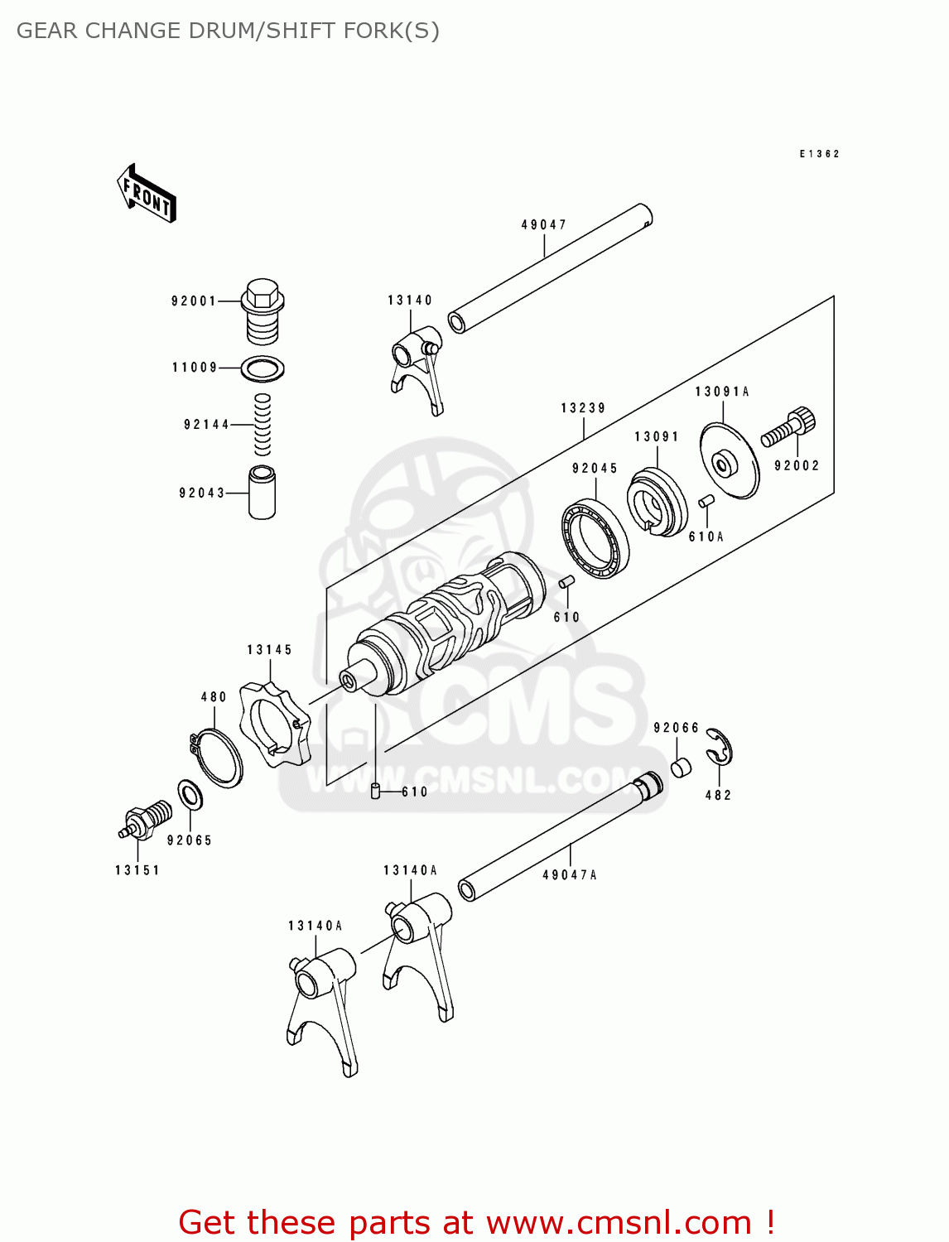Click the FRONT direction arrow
pyautogui.click(x=147, y=193)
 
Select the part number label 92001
pyautogui.click(x=194, y=301)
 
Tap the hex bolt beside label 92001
pyautogui.click(x=263, y=310)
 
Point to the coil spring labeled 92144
pyautogui.click(x=262, y=424)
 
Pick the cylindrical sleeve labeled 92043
pyautogui.click(x=262, y=493)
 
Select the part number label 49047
pyautogui.click(x=544, y=224)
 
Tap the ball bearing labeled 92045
pyautogui.click(x=595, y=538)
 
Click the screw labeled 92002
pyautogui.click(x=788, y=427)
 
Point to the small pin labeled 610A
pyautogui.click(x=706, y=501)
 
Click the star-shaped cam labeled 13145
pyautogui.click(x=274, y=723)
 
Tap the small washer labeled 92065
pyautogui.click(x=190, y=796)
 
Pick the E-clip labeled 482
pyautogui.click(x=719, y=747)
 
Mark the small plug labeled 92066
pyautogui.click(x=680, y=768)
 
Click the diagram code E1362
pyautogui.click(x=819, y=154)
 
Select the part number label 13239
pyautogui.click(x=583, y=408)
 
